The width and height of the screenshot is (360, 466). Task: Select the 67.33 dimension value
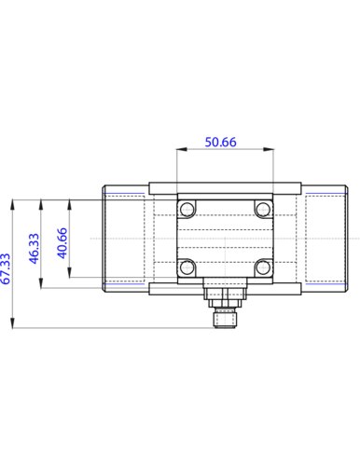(7, 267)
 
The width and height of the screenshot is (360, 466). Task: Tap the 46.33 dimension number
(35, 250)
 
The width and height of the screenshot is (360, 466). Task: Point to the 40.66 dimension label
(62, 244)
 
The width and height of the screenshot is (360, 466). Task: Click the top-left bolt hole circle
(188, 208)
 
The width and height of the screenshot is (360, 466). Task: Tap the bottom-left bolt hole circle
(188, 267)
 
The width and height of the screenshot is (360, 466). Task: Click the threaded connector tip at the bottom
(224, 322)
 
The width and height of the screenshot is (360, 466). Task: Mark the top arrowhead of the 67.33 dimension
(12, 201)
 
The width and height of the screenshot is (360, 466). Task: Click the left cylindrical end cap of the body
(124, 238)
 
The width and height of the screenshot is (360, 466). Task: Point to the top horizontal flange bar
(224, 185)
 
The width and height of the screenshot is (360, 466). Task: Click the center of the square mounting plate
(224, 238)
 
